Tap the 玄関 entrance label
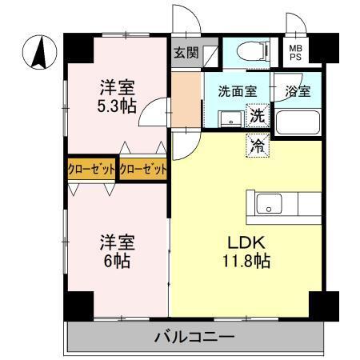(x=185, y=54)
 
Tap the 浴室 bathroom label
(x=297, y=91)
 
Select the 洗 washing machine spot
(x=257, y=115)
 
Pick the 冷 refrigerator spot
(x=258, y=146)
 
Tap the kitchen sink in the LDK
(x=266, y=203)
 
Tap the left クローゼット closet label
(x=91, y=170)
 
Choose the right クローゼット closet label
(x=144, y=170)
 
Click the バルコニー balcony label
(x=193, y=337)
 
